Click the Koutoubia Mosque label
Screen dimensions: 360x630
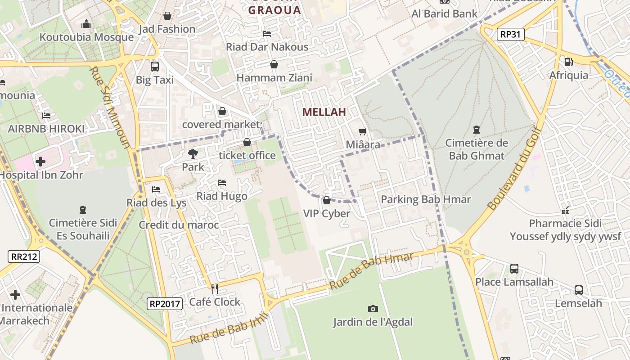point(86,37)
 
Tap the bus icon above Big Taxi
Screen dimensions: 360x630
point(155,66)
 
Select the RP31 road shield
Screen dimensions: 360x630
point(511,34)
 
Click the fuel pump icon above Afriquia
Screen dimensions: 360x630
point(569,62)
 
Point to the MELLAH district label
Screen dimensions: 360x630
point(324,112)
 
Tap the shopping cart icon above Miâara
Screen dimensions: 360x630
point(363,132)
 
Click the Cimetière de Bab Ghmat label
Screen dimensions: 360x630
point(477,149)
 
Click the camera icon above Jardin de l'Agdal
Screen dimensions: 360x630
point(373,309)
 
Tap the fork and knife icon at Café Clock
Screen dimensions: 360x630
point(215,288)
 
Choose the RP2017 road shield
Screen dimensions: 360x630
point(165,304)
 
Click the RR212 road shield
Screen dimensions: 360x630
point(24,256)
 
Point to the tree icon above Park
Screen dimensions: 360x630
point(193,154)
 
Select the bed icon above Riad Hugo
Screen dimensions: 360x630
point(221,183)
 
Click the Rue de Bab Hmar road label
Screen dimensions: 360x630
point(371,271)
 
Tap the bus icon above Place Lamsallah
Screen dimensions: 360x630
point(514,269)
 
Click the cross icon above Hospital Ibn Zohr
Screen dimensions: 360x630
point(40,161)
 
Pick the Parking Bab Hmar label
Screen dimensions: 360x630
point(426,199)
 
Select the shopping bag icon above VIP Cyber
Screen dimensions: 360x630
point(327,200)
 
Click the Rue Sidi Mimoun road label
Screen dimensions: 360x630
point(110,108)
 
